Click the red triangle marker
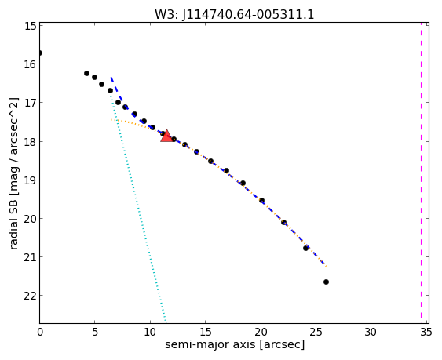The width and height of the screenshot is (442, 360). point(166,136)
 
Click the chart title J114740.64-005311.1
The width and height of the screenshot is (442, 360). point(248,15)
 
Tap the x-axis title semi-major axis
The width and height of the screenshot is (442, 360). point(210,344)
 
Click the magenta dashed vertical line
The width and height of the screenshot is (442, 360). point(421,173)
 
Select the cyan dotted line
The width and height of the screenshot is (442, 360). point(137,207)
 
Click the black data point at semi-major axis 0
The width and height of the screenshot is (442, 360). point(40,53)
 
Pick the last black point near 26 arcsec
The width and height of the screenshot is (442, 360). point(326,282)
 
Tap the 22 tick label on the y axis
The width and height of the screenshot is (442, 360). point(30,296)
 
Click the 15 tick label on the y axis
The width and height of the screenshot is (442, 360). point(30,26)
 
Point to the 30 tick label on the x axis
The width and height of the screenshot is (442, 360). point(371,333)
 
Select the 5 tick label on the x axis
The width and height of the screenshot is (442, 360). point(95,333)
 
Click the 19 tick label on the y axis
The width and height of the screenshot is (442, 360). point(30,180)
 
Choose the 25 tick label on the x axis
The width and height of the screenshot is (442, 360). point(316,333)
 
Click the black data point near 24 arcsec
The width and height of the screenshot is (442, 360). point(306,248)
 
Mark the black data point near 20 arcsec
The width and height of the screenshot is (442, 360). point(261,200)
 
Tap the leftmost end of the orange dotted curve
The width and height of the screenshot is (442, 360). point(111,120)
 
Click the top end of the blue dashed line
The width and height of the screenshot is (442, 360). point(111,77)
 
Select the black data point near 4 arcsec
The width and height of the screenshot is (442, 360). point(86,73)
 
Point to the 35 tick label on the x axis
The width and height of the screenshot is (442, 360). point(426,333)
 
